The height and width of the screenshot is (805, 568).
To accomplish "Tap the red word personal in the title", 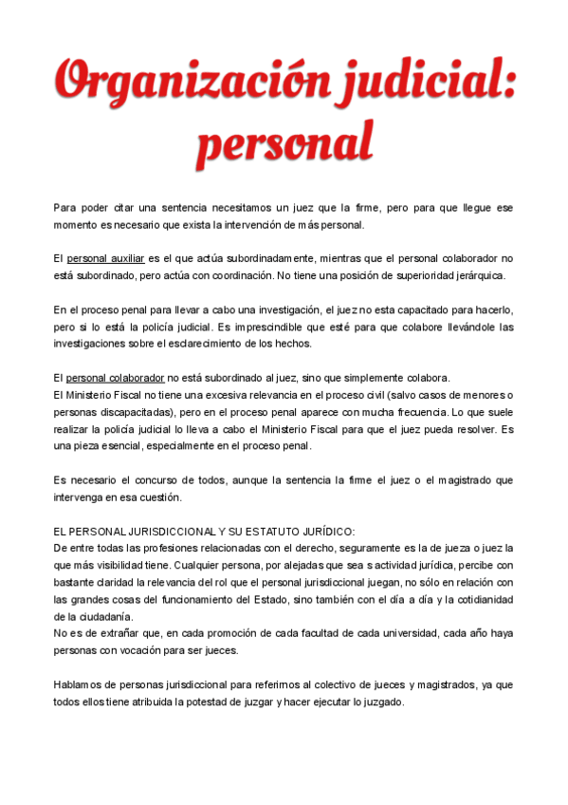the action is point(284,143).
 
